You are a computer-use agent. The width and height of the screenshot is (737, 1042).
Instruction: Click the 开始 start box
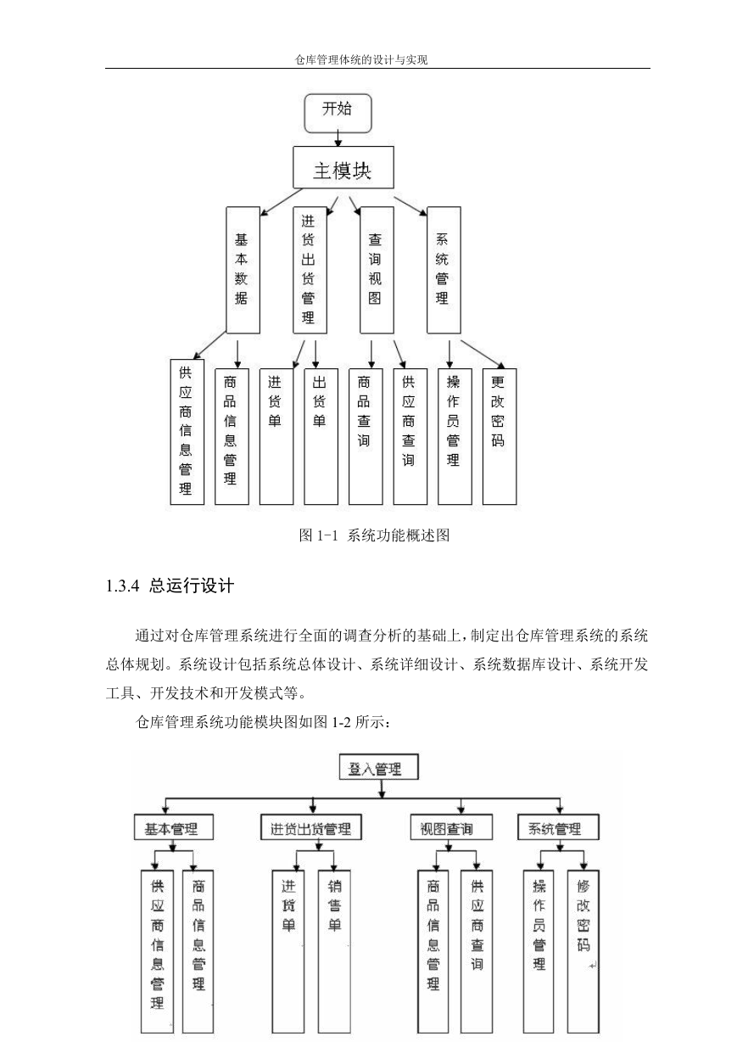coord(338,113)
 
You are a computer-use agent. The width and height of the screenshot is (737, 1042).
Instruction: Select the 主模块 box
coord(343,167)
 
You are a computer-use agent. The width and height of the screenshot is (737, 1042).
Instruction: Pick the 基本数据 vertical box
coord(243,271)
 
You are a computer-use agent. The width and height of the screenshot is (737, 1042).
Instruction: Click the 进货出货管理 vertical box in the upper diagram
coord(310,271)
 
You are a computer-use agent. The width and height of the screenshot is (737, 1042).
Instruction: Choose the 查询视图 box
coord(377,271)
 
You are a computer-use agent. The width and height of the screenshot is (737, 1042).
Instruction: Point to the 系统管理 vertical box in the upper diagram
coord(444,271)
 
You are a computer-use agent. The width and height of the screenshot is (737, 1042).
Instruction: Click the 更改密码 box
coord(500,436)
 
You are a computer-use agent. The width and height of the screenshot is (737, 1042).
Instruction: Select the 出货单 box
coord(321,436)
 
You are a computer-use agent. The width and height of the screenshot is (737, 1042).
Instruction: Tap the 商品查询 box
coord(366,436)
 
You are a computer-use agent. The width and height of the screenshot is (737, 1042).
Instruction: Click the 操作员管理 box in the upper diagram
coord(455,436)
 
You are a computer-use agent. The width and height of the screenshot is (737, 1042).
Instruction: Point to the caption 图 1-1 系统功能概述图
coord(374,535)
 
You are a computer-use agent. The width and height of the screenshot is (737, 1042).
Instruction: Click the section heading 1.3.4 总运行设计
coord(170,586)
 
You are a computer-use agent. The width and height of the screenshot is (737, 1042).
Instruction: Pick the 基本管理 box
coord(174,828)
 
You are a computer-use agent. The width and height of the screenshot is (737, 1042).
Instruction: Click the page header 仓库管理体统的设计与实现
coord(361,60)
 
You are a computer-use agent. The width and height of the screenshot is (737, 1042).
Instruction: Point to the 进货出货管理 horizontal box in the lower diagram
coord(311,828)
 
